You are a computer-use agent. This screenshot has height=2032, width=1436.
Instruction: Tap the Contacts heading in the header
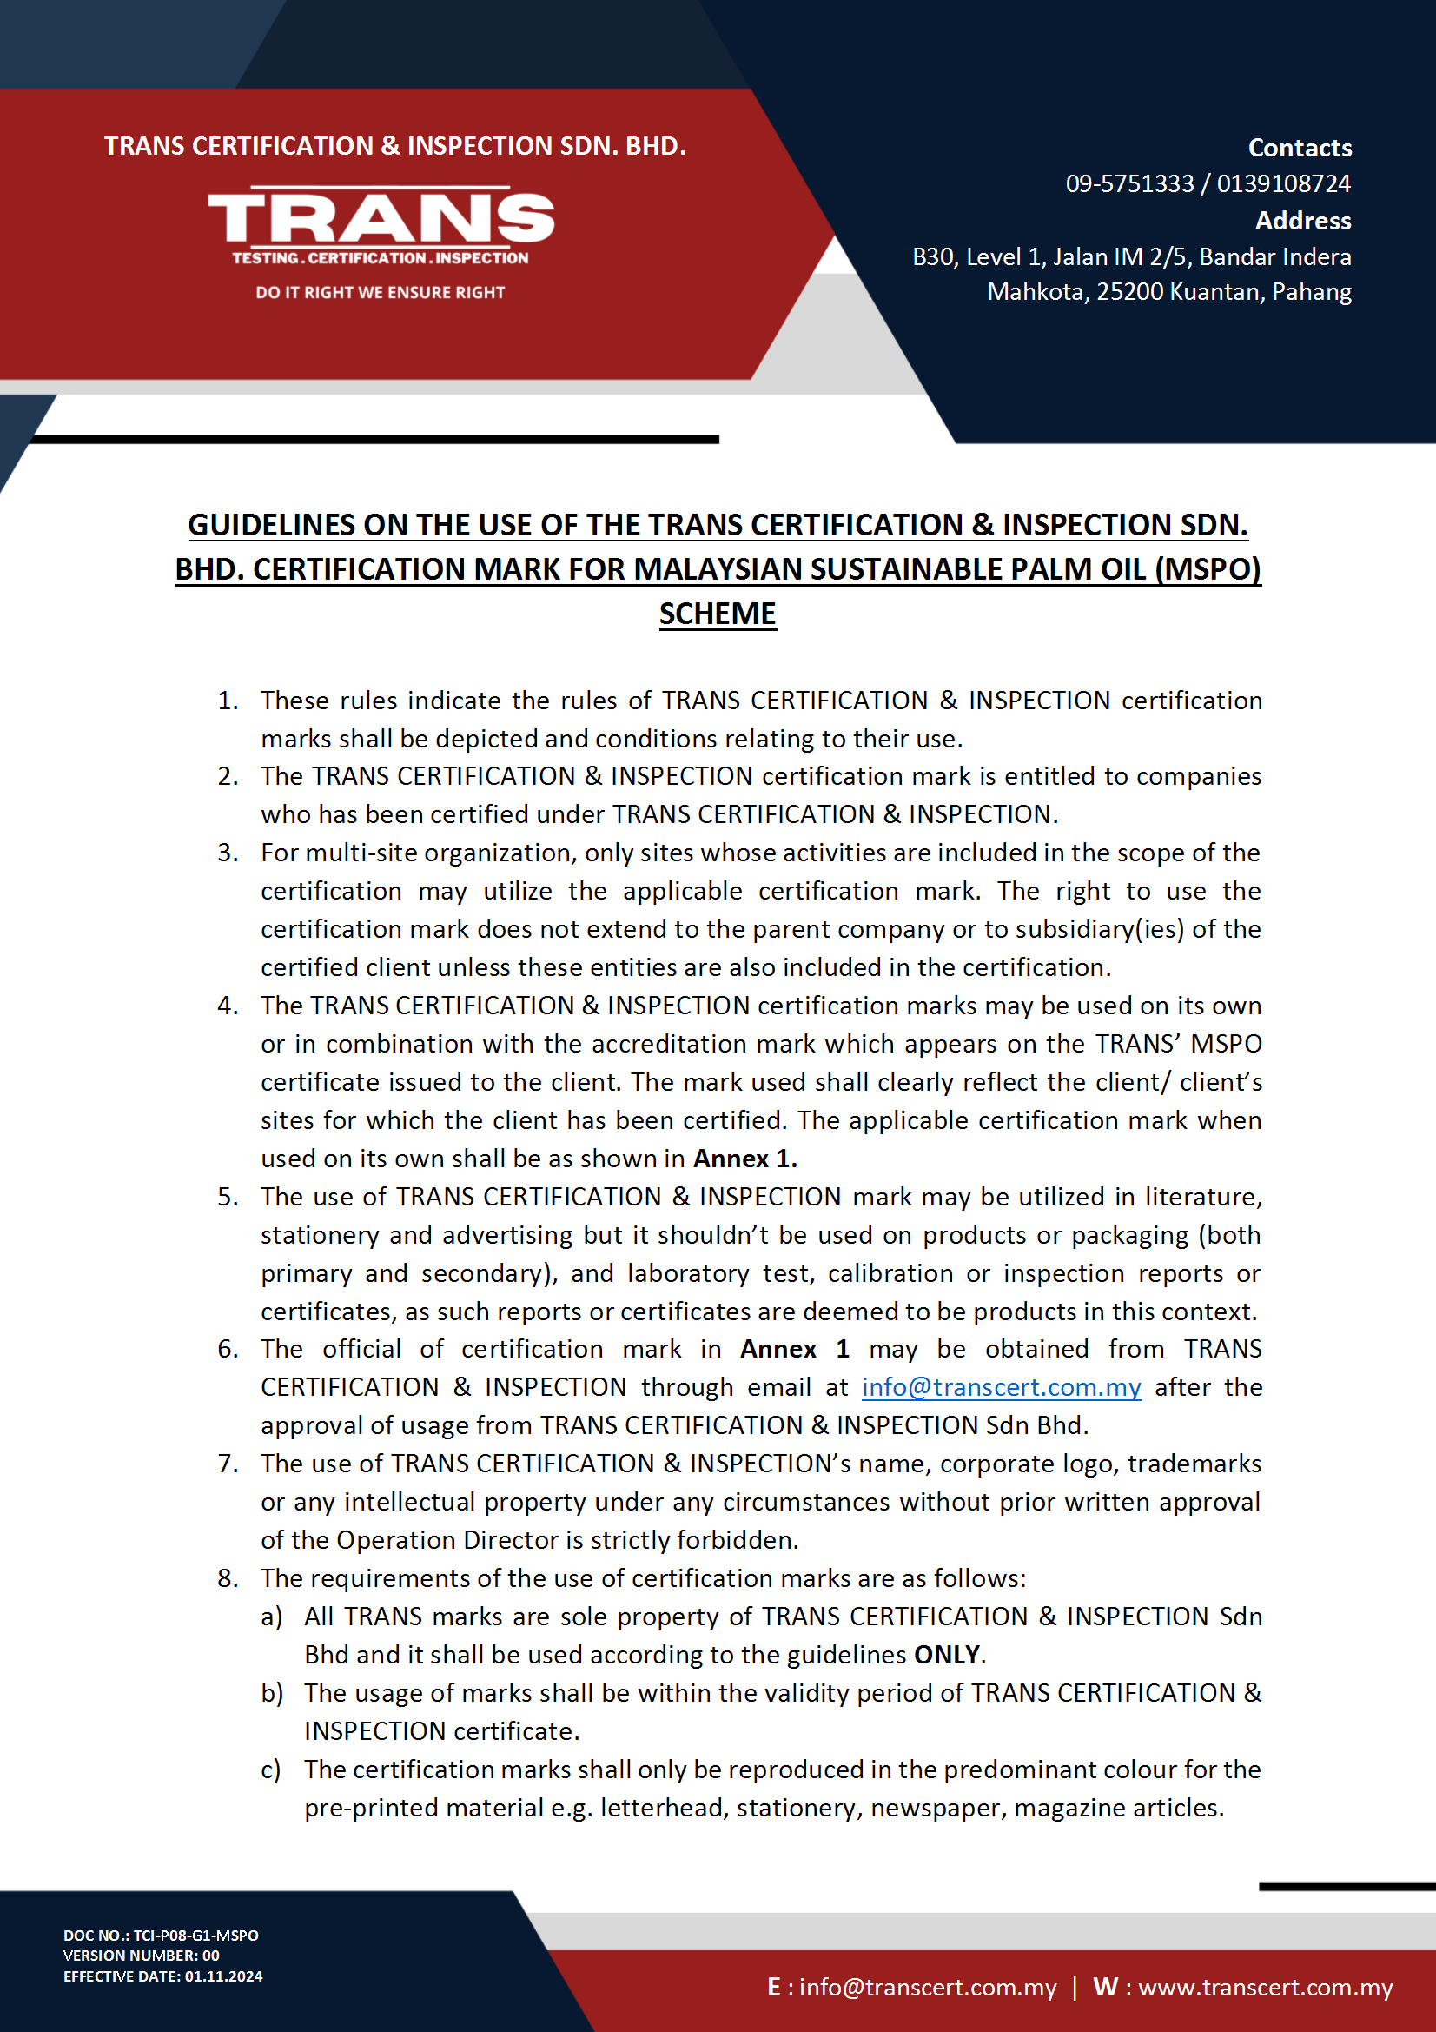[x=1299, y=148]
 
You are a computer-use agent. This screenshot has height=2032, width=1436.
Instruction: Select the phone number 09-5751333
[x=1129, y=184]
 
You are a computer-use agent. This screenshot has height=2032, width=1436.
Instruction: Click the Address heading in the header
[x=1302, y=221]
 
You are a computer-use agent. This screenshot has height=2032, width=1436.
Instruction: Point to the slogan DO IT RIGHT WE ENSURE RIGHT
[x=380, y=292]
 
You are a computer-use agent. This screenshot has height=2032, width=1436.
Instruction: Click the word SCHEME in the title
[x=717, y=614]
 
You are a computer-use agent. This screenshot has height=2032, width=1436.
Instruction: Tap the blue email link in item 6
[x=1001, y=1387]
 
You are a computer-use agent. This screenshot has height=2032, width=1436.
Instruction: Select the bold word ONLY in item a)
[x=946, y=1654]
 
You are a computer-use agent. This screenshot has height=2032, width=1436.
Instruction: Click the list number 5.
[x=228, y=1197]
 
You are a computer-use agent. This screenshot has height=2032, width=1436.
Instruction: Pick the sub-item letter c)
[x=271, y=1770]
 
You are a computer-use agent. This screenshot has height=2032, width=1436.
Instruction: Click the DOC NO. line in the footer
[x=161, y=1935]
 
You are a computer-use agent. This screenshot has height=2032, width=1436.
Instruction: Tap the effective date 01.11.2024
[x=223, y=1976]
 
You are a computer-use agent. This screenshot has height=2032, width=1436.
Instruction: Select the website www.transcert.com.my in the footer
[x=1264, y=1987]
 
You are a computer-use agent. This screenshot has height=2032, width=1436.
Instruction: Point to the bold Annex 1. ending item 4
[x=745, y=1159]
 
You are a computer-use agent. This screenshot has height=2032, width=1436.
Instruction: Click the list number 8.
[x=228, y=1578]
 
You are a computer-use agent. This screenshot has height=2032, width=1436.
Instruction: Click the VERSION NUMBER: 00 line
[x=142, y=1955]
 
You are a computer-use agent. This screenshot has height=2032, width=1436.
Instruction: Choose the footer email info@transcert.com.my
[x=927, y=1987]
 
